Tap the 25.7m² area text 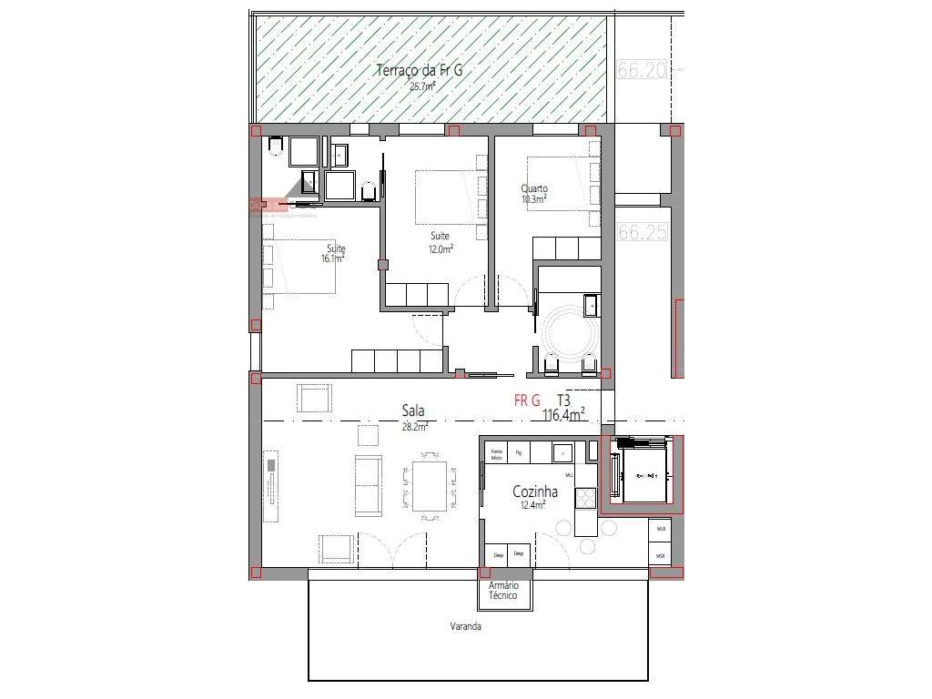tap(421, 86)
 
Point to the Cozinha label tap(535, 491)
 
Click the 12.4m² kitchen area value tap(532, 505)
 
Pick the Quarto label tap(534, 188)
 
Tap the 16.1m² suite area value tap(333, 258)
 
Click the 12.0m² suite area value tap(442, 248)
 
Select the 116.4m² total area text tap(563, 415)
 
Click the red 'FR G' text tap(527, 400)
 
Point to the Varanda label tap(465, 627)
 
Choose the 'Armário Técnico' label tap(503, 592)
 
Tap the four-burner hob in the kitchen tap(585, 498)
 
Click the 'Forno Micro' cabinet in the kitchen tap(496, 454)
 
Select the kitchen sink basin tap(562, 452)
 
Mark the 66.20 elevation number tap(643, 70)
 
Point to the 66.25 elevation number tap(643, 232)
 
